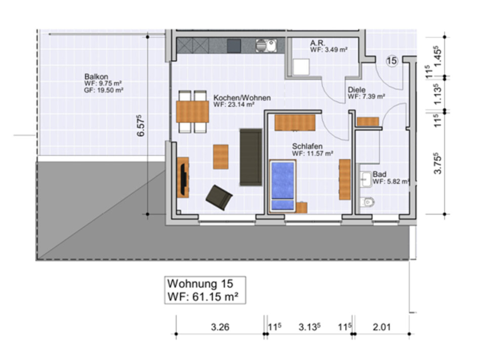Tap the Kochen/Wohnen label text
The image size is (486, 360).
click(241, 98)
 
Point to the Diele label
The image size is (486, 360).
click(356, 90)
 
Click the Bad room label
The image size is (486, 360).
click(379, 174)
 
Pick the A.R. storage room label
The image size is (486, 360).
click(318, 44)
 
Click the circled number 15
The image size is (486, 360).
click(392, 61)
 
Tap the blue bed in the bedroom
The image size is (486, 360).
click(282, 185)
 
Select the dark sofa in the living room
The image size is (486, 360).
click(251, 157)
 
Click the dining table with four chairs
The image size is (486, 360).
click(192, 112)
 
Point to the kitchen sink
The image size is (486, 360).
click(266, 46)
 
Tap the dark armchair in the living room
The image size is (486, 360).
click(219, 197)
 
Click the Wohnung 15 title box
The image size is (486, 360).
click(206, 290)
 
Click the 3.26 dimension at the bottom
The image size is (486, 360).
click(220, 327)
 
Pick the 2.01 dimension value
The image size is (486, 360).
click(382, 327)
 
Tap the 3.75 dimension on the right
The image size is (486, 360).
click(438, 163)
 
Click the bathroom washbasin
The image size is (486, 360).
click(366, 178)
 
